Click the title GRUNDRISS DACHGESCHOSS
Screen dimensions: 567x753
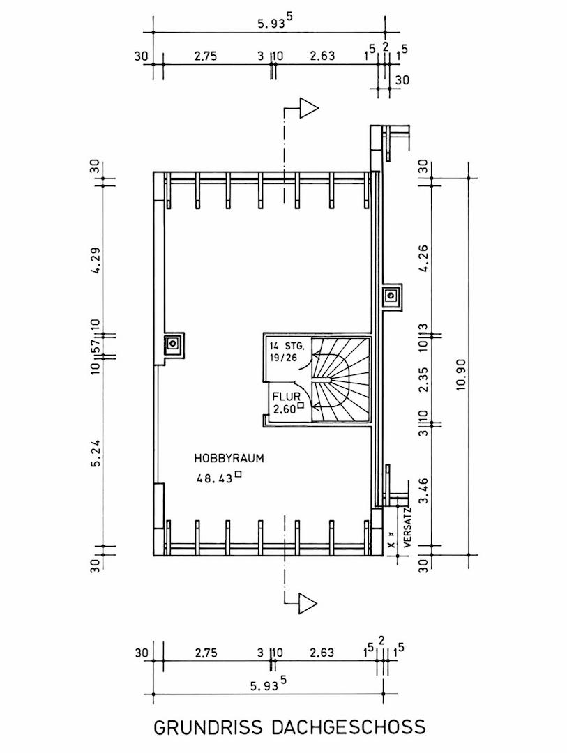(289, 727)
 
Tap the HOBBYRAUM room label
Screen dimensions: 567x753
(229, 458)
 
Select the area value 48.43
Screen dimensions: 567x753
(214, 478)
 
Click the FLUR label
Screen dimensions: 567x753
(287, 397)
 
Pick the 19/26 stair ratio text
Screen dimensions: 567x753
(282, 358)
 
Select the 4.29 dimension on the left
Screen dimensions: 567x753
(96, 260)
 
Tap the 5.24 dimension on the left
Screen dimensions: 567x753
(96, 453)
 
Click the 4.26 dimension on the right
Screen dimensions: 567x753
(423, 259)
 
